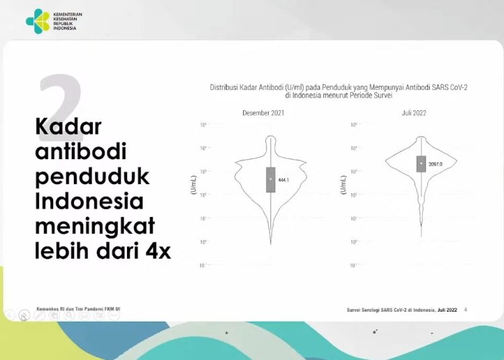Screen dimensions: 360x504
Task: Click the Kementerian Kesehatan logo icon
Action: [38, 21]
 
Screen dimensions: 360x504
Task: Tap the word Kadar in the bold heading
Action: [68, 126]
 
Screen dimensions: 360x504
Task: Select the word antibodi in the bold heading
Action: [81, 151]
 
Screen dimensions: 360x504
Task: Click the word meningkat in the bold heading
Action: [95, 226]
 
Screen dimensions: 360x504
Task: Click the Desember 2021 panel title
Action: [263, 113]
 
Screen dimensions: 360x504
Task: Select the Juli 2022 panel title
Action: [414, 113]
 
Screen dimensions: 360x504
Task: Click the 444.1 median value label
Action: [283, 180]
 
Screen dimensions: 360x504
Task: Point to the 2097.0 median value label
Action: [435, 164]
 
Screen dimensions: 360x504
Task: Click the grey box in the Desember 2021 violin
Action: [271, 179]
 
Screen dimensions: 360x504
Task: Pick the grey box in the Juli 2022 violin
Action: [421, 163]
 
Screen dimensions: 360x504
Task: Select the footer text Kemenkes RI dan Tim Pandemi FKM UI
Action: [79, 309]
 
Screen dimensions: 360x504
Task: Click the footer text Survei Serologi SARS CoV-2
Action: [402, 310]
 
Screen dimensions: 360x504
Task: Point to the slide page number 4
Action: [466, 310]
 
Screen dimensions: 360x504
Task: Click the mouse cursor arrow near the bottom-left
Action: [24, 316]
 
